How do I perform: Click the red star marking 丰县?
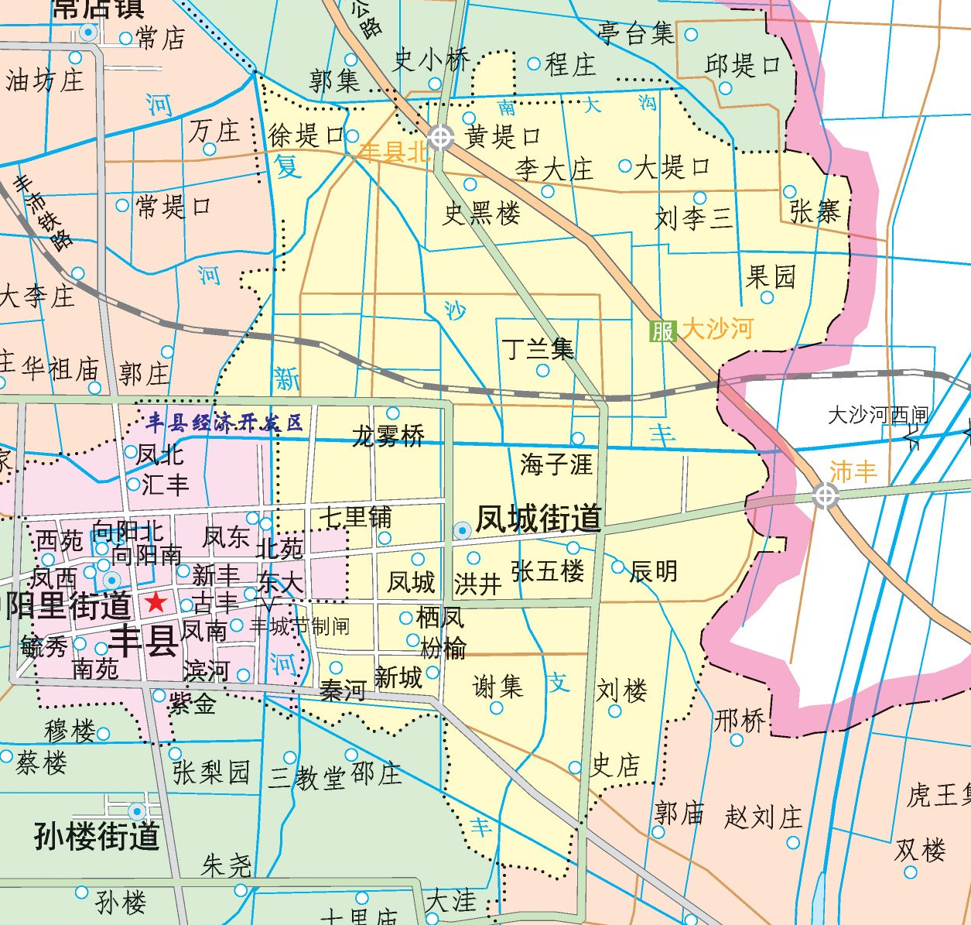tap(156, 601)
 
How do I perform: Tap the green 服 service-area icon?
tap(663, 331)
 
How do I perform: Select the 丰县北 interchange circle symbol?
tap(441, 138)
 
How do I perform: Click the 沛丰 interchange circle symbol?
tap(826, 495)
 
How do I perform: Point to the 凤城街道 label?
tap(538, 519)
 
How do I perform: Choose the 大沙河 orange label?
tap(717, 329)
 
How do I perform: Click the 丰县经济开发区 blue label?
tap(224, 423)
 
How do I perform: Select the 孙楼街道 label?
tap(97, 836)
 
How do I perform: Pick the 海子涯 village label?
tap(556, 464)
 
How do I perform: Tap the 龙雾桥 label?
tap(388, 437)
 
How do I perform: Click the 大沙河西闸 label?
tap(877, 416)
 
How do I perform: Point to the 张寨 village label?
tap(815, 211)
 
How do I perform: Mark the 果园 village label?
tap(771, 276)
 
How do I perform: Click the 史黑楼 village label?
tap(481, 214)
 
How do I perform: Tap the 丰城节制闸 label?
tap(299, 625)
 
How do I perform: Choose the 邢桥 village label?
tap(740, 721)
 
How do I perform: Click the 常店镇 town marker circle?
tap(88, 33)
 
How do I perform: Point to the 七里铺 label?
tap(356, 517)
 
